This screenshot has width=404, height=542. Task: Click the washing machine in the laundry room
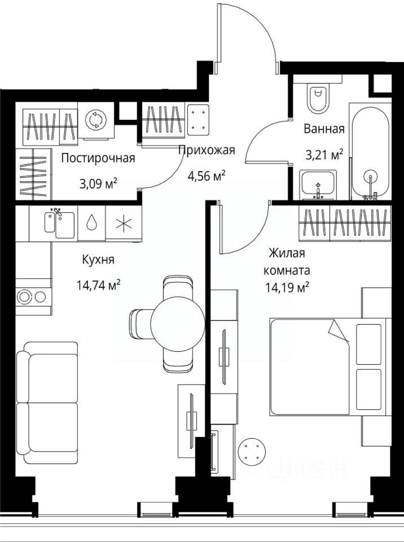(95, 120)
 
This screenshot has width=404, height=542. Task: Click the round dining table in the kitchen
(178, 323)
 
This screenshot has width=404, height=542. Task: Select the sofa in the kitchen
(47, 403)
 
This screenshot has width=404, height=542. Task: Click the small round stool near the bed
(253, 451)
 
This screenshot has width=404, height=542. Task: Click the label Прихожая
(207, 150)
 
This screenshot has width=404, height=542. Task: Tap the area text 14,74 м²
(99, 286)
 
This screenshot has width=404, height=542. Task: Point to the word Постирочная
(98, 158)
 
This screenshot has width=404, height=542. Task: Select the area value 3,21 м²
(324, 155)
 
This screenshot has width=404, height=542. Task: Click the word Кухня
(98, 260)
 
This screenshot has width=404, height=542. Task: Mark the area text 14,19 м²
(287, 287)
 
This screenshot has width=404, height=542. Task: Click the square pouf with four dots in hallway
(199, 120)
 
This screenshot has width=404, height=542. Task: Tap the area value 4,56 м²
(207, 176)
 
